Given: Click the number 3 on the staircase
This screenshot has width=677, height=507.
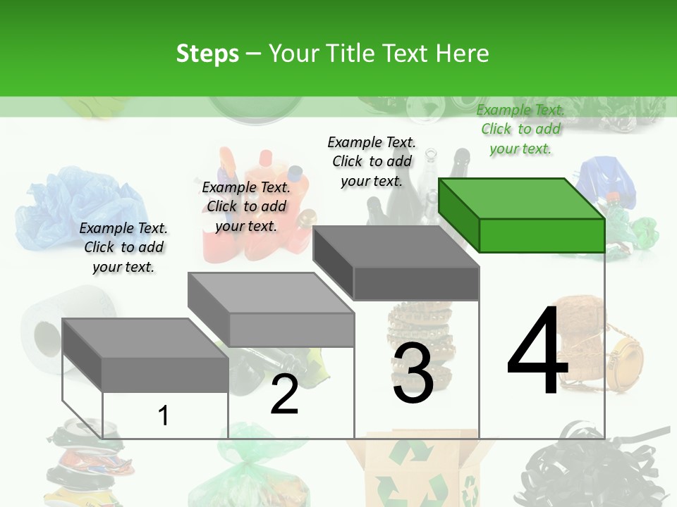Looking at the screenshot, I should [x=413, y=374].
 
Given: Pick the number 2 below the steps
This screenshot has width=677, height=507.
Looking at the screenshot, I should [x=284, y=395].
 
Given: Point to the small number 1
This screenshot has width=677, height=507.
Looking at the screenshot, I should [x=163, y=415].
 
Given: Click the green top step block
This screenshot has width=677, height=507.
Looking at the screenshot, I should [x=522, y=215].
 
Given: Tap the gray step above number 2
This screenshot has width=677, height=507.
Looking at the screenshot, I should [x=271, y=310].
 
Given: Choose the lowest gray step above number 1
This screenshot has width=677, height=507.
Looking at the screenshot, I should [x=145, y=356].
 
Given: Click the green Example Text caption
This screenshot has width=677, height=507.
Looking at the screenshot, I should [x=520, y=129].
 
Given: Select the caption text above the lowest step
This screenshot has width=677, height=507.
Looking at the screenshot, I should [x=123, y=247].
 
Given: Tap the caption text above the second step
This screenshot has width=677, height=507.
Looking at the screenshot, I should [x=246, y=206].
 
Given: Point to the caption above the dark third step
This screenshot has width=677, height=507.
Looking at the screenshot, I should [x=372, y=161].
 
